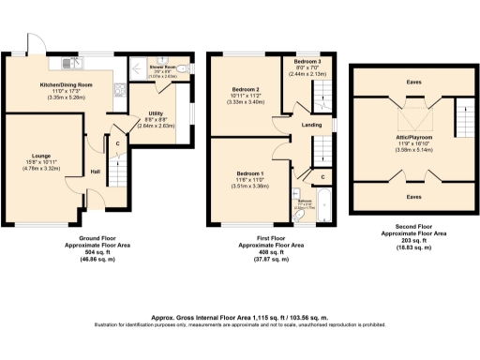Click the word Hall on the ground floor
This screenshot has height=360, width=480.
pyautogui.click(x=96, y=172)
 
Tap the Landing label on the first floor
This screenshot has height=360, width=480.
pyautogui.click(x=300, y=122)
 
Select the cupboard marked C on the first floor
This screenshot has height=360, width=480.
pyautogui.click(x=322, y=175)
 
